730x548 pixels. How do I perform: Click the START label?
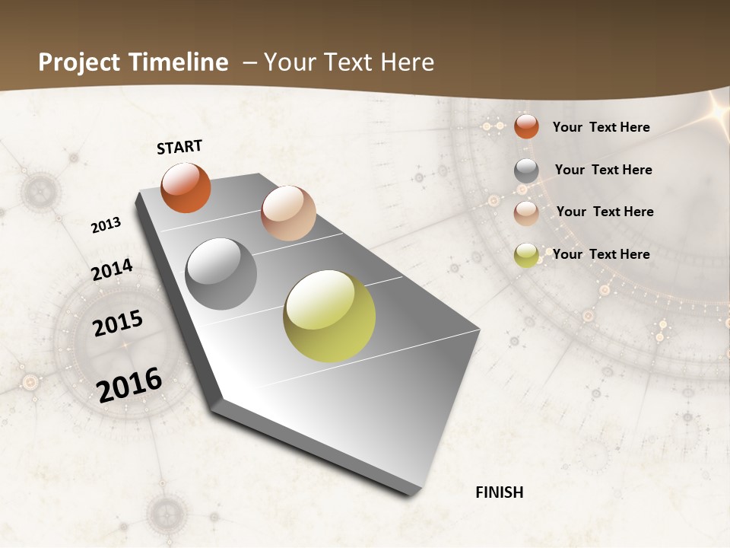[179, 147]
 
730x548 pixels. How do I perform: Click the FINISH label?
[499, 492]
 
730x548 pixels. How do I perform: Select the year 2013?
[106, 225]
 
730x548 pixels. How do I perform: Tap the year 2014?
[112, 270]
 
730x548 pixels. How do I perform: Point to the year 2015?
[118, 323]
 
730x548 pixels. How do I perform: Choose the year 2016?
[129, 384]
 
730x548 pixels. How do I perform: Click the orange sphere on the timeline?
[186, 187]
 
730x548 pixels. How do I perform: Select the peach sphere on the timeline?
[288, 212]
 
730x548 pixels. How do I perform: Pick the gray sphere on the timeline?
[221, 274]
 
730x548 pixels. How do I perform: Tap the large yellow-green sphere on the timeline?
[329, 316]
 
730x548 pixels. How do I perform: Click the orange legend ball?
[526, 126]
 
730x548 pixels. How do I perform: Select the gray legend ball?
[526, 170]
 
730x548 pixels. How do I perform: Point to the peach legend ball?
[526, 212]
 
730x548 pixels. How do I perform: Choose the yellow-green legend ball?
[526, 255]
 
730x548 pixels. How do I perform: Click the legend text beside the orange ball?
[601, 127]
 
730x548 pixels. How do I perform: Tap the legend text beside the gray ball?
[603, 170]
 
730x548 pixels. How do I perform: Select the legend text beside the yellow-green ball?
[601, 254]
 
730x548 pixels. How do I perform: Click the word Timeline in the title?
[179, 62]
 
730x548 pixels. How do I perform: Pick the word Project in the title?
[78, 62]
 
